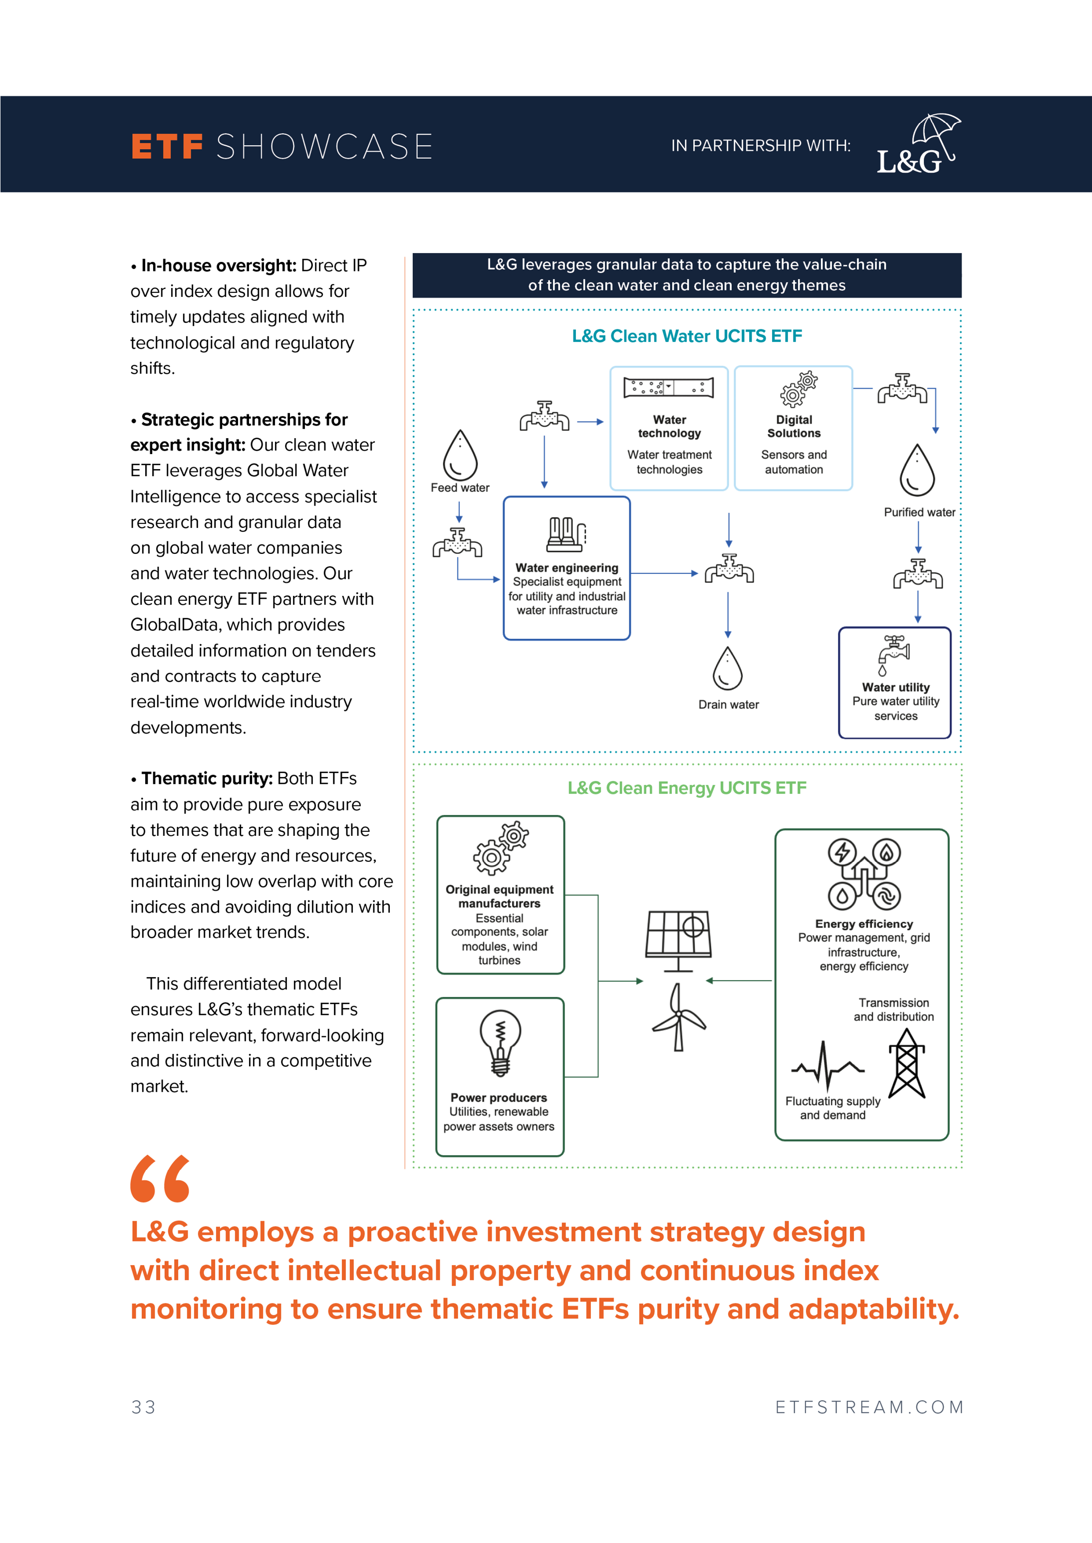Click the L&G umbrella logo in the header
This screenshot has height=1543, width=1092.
point(918,145)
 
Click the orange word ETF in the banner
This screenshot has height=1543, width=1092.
point(167,147)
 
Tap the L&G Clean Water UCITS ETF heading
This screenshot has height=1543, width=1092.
point(687,336)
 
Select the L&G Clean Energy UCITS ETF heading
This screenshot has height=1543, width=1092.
point(687,788)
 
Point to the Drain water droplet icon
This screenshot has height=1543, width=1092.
point(728,669)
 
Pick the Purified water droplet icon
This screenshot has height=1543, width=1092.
point(917,470)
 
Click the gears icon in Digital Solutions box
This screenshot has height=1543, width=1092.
point(798,389)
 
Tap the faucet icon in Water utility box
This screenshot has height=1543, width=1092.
point(894,654)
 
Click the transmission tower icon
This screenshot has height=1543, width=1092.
point(907,1063)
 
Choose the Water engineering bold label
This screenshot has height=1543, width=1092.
point(567,568)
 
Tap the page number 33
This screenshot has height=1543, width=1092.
point(143,1407)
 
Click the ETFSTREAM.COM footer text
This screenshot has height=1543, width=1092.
point(869,1407)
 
